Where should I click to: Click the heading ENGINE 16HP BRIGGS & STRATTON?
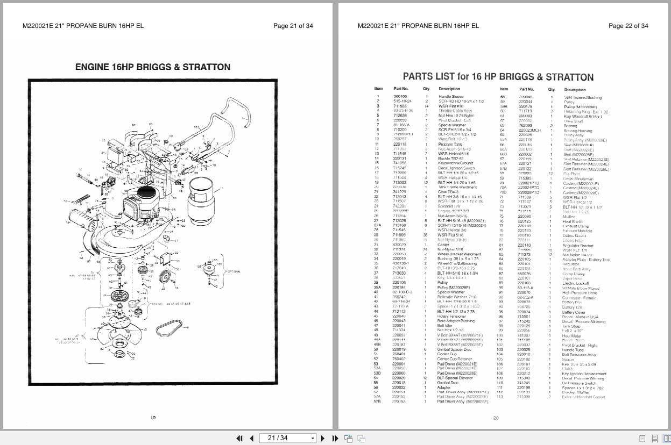tap(152, 67)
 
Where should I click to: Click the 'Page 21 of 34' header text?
tap(293, 26)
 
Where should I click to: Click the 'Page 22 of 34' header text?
tap(628, 26)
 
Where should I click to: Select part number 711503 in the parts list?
tap(399, 106)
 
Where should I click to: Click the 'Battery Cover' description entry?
tap(574, 312)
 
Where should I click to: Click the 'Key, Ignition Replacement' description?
tap(584, 373)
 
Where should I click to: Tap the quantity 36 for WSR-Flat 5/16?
tap(426, 235)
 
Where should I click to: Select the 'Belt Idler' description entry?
tap(445, 326)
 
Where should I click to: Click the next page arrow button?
tap(323, 438)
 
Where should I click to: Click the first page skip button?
tap(240, 438)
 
